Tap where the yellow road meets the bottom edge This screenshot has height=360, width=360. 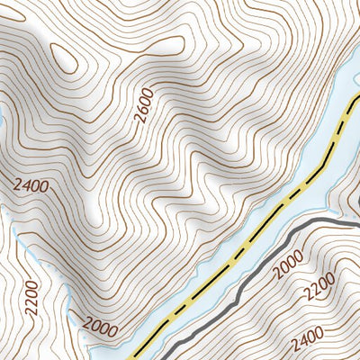[x=137, y=357]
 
